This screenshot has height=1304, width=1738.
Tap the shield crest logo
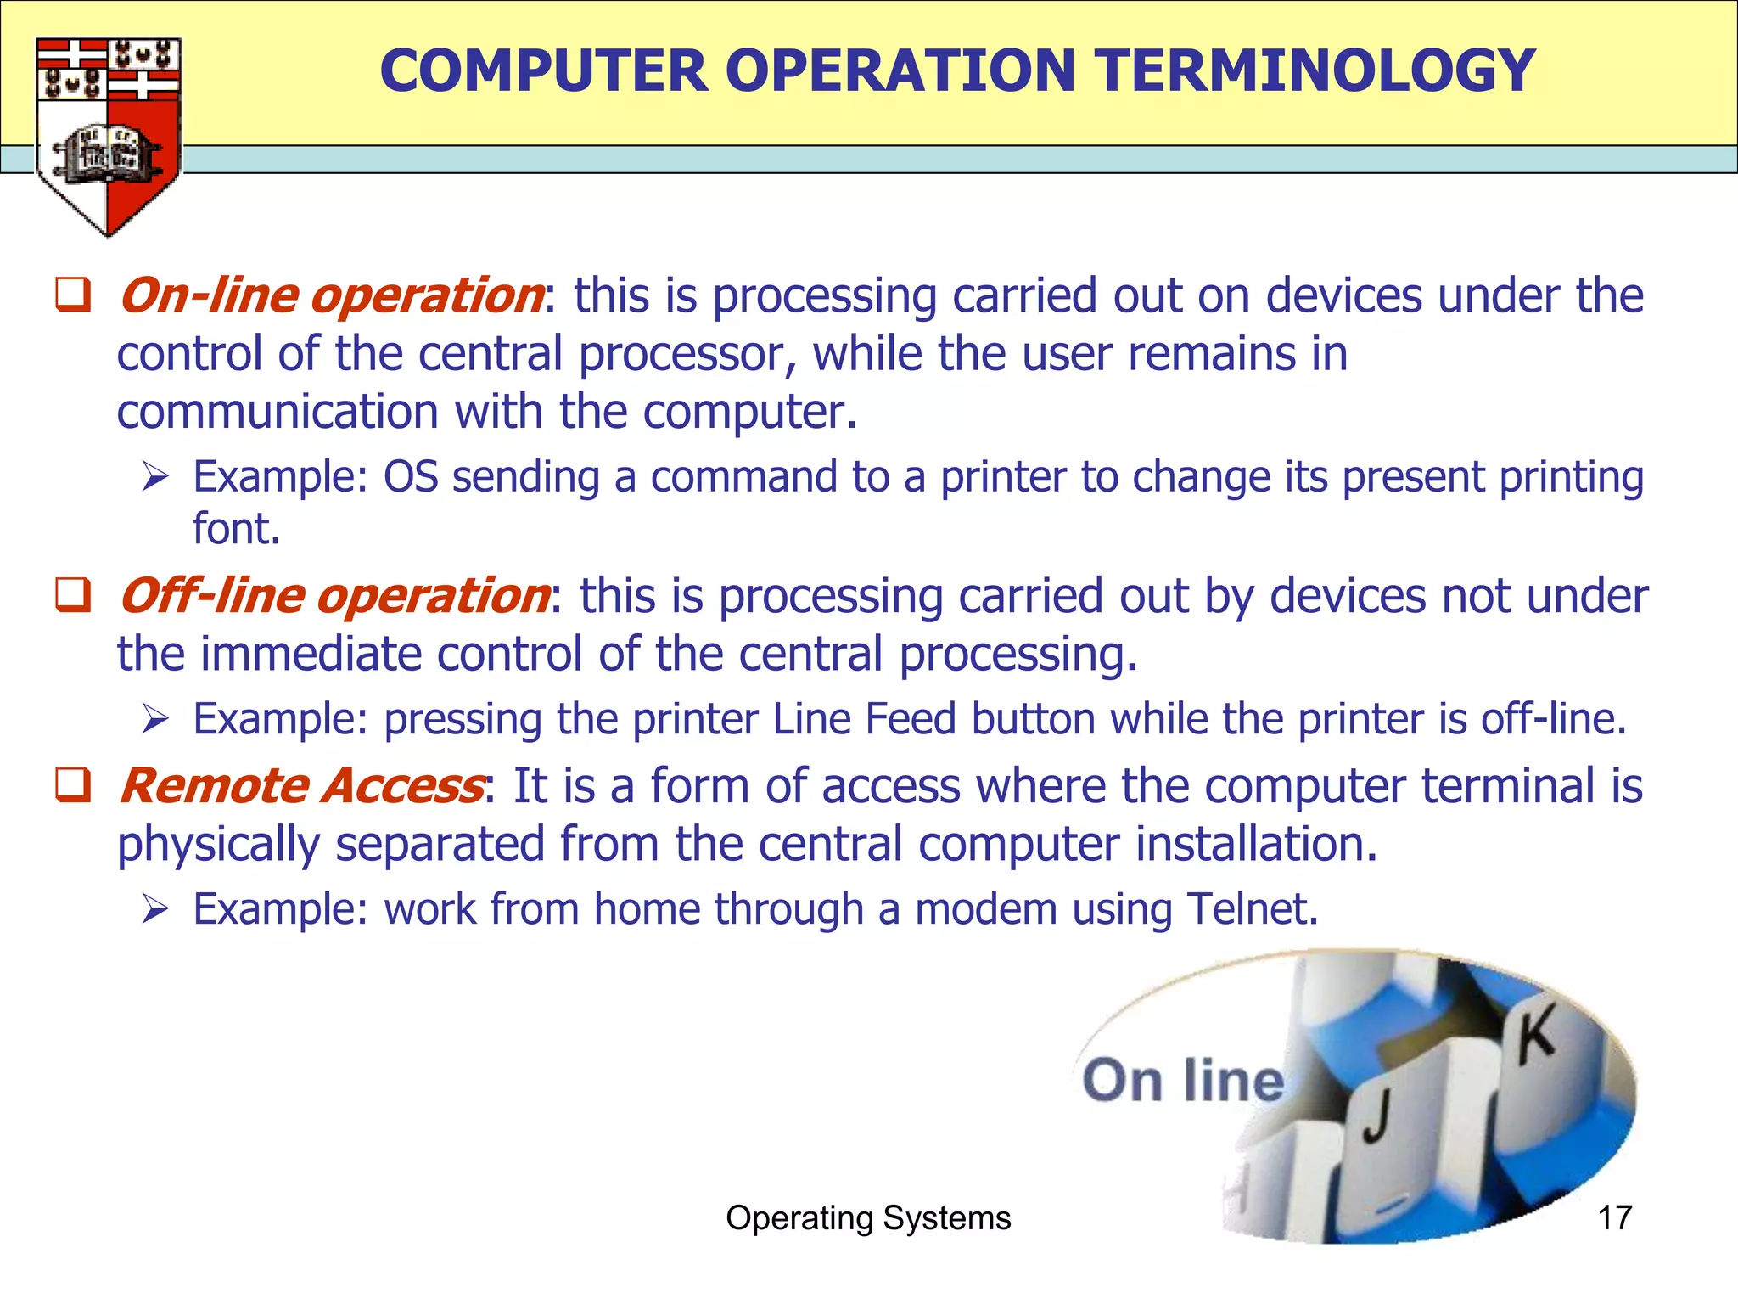click(x=108, y=136)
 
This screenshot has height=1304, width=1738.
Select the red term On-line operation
click(x=331, y=295)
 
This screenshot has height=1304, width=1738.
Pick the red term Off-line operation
click(x=334, y=595)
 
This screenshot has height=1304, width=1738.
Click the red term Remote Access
click(x=301, y=785)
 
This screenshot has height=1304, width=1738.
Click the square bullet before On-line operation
click(x=73, y=295)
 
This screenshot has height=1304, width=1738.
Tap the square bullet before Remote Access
click(x=73, y=784)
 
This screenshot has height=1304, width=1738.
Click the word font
click(x=235, y=529)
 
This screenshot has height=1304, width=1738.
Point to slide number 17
click(x=1614, y=1217)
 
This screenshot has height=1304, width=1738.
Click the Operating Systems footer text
click(x=868, y=1217)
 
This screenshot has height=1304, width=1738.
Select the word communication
click(x=277, y=412)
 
